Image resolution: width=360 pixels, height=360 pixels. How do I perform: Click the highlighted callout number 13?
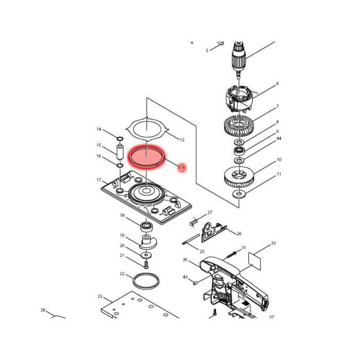coord(182,167)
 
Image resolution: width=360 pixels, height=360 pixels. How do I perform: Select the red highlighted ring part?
coord(146,157)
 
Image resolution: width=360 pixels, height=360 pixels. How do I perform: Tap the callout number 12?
coord(182,140)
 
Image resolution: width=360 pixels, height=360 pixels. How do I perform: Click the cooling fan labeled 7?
coord(239,125)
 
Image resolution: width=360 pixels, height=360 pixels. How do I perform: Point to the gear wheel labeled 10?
coord(239,177)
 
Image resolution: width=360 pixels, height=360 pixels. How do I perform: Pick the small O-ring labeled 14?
coord(120,139)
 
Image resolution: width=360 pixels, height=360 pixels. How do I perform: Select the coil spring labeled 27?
coord(194,223)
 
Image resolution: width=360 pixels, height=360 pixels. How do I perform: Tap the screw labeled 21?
coord(146,265)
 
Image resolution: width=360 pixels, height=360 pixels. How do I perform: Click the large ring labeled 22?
coord(146,281)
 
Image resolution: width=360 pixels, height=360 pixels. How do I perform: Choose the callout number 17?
coord(99,180)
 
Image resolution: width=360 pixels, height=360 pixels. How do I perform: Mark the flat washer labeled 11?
coord(239,194)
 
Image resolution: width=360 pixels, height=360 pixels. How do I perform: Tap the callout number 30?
coord(185,260)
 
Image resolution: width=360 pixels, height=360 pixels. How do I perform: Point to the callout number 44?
coord(279,139)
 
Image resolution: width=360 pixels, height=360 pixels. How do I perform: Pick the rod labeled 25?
coord(191,239)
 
